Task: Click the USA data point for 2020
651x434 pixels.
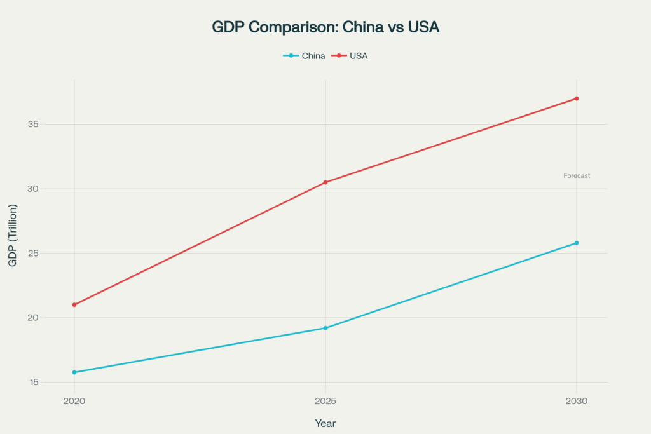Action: click(x=74, y=305)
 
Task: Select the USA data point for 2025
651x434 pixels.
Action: click(x=325, y=182)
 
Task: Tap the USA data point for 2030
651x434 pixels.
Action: click(x=577, y=98)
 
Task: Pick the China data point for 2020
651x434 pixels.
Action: click(x=74, y=372)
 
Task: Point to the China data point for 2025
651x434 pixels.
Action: click(x=325, y=328)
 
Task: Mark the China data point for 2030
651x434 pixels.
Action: click(x=577, y=243)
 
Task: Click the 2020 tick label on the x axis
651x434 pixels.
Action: click(x=74, y=402)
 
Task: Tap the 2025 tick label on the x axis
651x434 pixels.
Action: click(x=325, y=402)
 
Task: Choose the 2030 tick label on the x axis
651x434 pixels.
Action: click(x=577, y=402)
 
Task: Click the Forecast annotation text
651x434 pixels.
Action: click(x=577, y=175)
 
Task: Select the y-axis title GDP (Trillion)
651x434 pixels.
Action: click(x=13, y=235)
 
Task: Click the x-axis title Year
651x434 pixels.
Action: click(x=325, y=423)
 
